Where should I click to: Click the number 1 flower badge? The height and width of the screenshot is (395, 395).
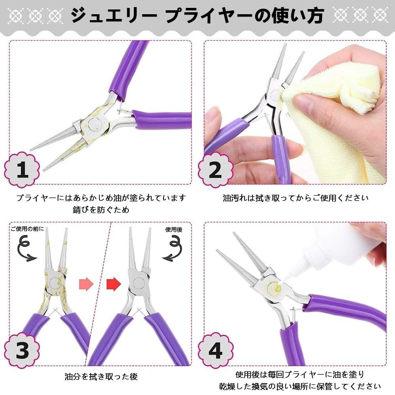click(22, 169)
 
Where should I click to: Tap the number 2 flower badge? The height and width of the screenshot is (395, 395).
click(216, 170)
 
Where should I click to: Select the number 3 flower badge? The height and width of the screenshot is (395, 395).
click(22, 350)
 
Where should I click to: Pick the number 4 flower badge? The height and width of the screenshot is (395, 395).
click(216, 350)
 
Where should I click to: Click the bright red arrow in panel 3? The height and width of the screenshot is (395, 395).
click(114, 284)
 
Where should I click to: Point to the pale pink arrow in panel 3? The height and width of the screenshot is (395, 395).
click(86, 284)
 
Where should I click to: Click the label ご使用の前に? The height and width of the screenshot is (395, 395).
click(27, 229)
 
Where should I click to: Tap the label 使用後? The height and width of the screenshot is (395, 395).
click(174, 229)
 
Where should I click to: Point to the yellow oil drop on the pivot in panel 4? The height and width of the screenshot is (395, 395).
click(277, 287)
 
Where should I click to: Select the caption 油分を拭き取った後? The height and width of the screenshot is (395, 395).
click(101, 376)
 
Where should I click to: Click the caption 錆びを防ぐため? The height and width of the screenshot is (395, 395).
click(101, 210)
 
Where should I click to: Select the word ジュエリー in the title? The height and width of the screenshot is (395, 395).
click(114, 16)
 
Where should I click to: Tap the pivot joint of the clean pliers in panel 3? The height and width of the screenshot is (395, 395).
click(138, 283)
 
